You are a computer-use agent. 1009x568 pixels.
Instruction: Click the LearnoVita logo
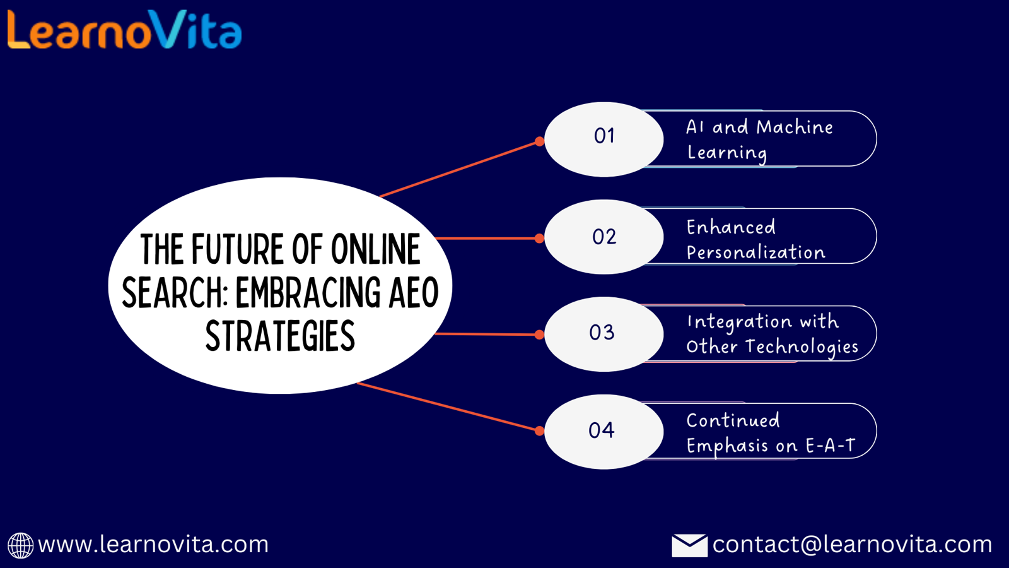(125, 30)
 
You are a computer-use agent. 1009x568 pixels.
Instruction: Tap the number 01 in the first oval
(604, 136)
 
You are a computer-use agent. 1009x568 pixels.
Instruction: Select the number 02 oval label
(604, 237)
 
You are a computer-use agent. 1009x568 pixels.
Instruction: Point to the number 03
(602, 333)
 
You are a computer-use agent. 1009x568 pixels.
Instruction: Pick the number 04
(602, 430)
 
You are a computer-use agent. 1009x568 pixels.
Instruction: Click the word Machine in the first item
(795, 127)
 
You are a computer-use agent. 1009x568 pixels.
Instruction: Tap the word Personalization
(756, 252)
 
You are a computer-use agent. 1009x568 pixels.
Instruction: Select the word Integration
(739, 322)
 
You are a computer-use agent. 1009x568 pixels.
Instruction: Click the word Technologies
(802, 347)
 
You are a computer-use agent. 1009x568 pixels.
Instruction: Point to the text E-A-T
(830, 446)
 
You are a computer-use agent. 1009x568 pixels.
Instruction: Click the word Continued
(733, 420)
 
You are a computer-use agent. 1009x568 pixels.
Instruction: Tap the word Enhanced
(731, 227)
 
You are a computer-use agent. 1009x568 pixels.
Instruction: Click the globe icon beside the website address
(20, 545)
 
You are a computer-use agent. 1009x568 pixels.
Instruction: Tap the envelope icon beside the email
(689, 545)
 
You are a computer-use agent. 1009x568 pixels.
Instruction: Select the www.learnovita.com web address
(153, 545)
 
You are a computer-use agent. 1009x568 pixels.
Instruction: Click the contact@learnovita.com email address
(852, 545)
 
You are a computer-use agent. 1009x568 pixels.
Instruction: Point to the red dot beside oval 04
(539, 431)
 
